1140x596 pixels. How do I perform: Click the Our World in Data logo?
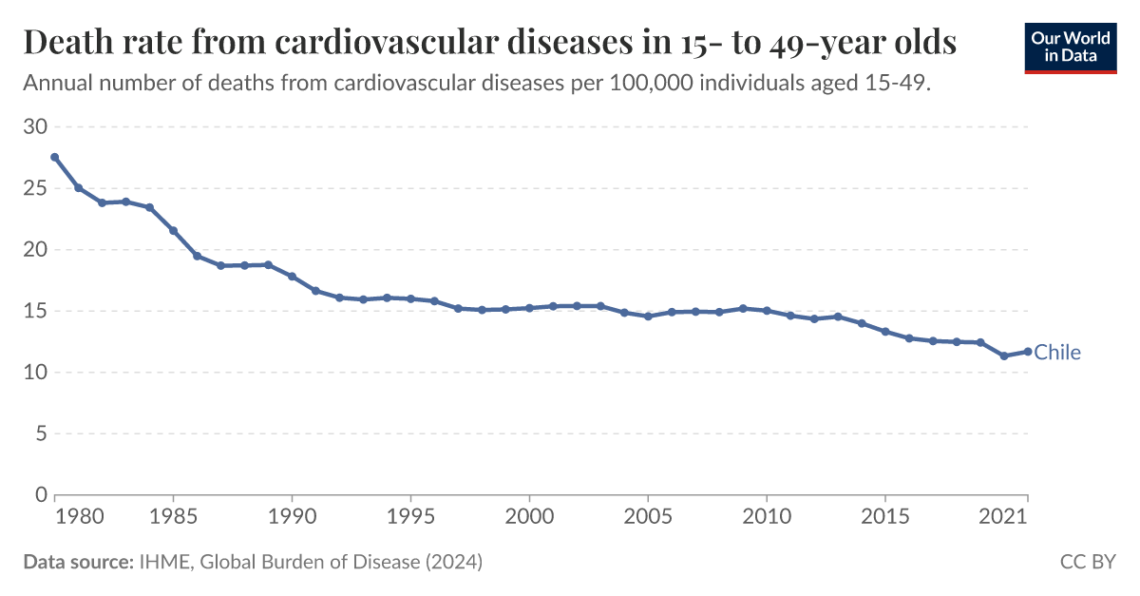click(x=1070, y=47)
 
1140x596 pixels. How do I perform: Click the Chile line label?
click(x=1057, y=353)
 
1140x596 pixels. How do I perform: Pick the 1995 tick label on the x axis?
click(x=410, y=515)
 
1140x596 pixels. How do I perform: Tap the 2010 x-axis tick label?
click(x=767, y=515)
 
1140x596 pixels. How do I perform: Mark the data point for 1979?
click(x=55, y=157)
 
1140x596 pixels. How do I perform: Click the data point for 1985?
click(x=173, y=230)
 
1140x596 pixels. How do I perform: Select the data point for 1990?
click(x=292, y=277)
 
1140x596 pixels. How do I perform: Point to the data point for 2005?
click(x=648, y=317)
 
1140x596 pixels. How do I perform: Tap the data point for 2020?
click(x=1003, y=356)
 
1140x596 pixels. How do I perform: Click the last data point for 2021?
click(x=1027, y=352)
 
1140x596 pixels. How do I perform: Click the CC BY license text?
click(x=1088, y=563)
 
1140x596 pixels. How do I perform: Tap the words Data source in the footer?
click(x=77, y=563)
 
